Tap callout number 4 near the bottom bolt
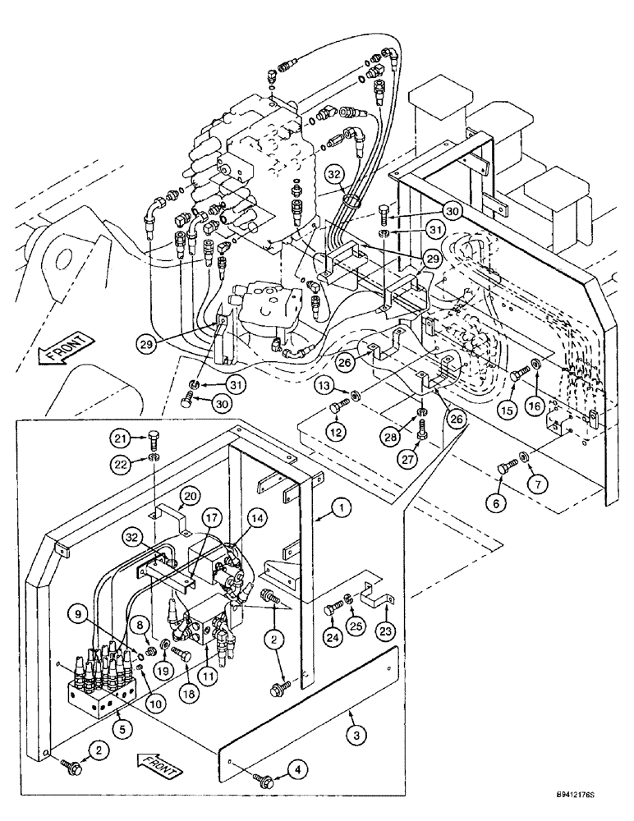298,770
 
